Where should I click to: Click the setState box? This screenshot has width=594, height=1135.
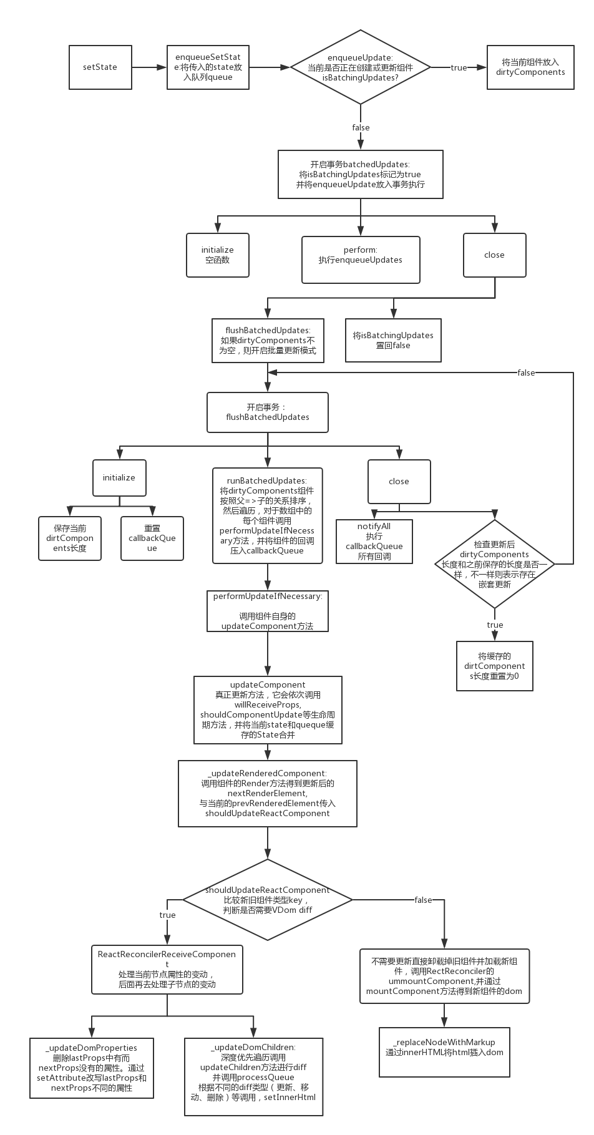pos(100,67)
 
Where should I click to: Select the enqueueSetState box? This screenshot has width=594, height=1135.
pos(208,67)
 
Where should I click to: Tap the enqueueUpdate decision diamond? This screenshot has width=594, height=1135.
pos(360,67)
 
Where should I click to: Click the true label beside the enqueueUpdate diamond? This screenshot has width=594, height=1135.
pos(459,67)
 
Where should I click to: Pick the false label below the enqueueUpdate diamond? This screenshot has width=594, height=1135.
pos(361,127)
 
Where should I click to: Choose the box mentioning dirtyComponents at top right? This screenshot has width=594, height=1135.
pos(530,67)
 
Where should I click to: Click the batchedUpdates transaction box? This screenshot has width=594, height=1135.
pos(360,174)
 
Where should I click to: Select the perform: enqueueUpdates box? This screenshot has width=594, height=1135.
pos(360,255)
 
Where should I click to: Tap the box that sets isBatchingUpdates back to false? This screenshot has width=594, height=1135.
pos(393,340)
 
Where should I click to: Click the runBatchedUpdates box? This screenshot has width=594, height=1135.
pos(267,515)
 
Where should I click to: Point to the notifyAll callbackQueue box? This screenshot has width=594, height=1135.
pos(374,542)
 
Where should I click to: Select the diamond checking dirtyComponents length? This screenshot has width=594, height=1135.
pos(494,564)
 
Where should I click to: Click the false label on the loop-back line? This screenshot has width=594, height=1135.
pos(526,373)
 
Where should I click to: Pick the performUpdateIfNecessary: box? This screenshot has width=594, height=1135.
pos(268,611)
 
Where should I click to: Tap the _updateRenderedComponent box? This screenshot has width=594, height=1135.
pos(268,793)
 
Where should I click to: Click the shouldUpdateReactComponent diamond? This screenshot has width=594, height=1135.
pos(268,900)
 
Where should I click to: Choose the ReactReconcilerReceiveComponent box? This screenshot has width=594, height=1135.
pos(167,969)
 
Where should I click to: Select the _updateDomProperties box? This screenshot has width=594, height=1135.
pos(91,1068)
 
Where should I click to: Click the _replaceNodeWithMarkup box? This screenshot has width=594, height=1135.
pos(444,1052)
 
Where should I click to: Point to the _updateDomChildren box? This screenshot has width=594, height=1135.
pos(253,1076)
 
